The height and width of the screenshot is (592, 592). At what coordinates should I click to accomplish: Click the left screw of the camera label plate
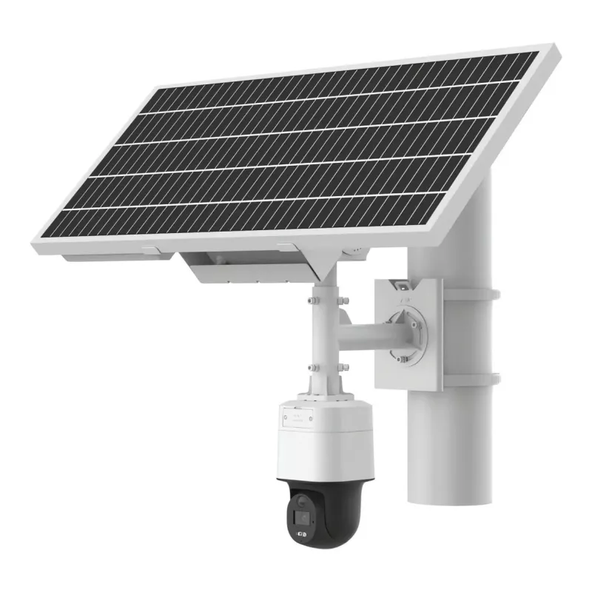[x=283, y=417]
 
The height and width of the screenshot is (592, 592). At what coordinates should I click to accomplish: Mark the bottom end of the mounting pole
[x=449, y=496]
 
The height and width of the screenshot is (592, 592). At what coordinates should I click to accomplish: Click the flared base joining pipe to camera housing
[x=325, y=392]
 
